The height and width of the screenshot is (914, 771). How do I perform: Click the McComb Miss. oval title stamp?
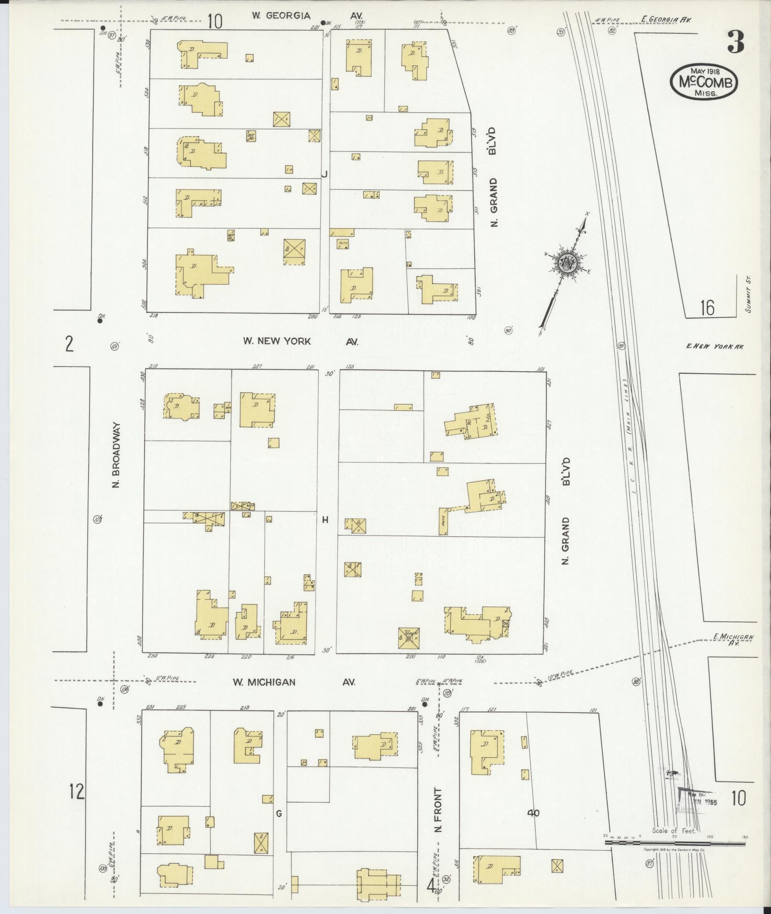704,82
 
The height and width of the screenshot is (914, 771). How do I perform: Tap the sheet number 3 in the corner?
736,43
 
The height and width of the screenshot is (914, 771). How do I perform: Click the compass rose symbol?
567,263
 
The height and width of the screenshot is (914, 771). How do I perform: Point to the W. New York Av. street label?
300,342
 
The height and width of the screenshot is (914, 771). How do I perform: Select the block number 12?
76,791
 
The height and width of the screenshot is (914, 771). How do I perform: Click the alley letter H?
325,520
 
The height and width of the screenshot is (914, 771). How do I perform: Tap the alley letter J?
324,174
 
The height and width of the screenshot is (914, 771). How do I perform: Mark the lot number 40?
533,813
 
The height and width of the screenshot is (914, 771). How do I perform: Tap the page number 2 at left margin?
70,344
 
